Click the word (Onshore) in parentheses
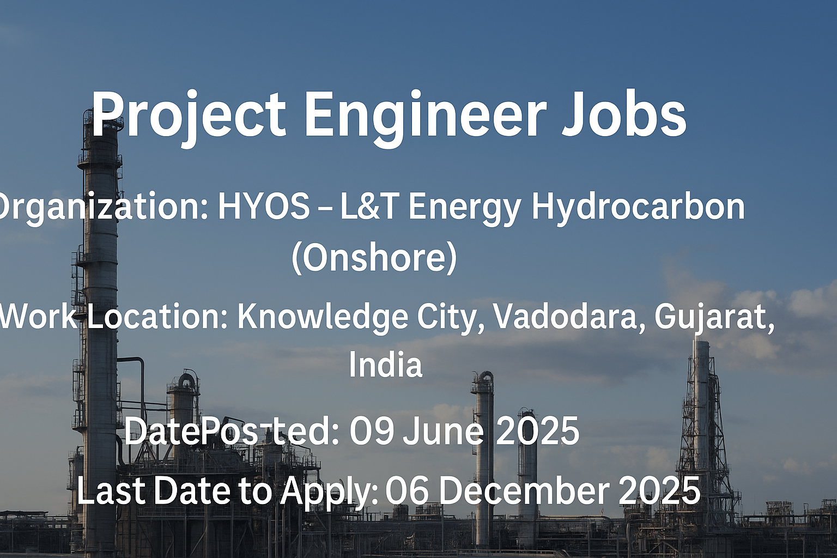point(374,259)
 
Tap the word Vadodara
point(570,317)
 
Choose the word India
point(386,365)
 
